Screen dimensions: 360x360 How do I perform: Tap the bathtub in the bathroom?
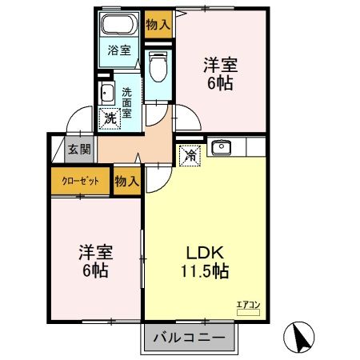coord(120,23)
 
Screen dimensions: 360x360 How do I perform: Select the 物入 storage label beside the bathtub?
coord(158,25)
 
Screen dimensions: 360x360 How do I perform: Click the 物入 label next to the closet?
coord(127,181)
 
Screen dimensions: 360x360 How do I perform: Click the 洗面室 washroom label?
coord(127,102)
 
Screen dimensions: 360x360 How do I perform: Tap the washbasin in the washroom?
coord(106,94)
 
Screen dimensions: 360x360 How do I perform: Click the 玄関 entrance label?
coord(78,149)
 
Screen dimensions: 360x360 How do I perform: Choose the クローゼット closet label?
coord(81,181)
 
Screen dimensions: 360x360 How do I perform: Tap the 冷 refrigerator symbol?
coord(190,154)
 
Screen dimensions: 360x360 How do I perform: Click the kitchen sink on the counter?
coord(221,147)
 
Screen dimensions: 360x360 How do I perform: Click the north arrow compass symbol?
coord(302,336)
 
